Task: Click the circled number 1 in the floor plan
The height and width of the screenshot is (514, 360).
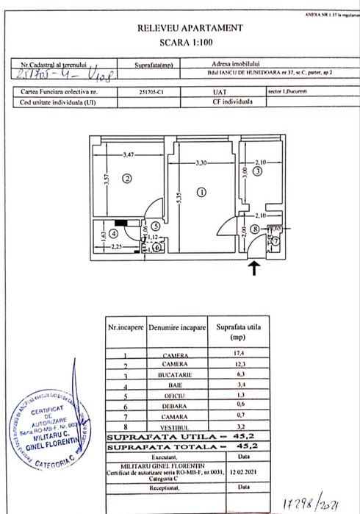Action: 202,193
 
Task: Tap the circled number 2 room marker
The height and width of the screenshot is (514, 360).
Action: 126,177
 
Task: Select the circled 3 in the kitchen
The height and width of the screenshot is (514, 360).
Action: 257,171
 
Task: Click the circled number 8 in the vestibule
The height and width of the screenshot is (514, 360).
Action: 254,229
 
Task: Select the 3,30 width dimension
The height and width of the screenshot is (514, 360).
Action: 201,162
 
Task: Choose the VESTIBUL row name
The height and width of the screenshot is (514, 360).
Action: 176,426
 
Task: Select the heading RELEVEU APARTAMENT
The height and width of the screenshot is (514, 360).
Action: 190,27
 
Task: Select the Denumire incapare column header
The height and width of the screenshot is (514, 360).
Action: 176,324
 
